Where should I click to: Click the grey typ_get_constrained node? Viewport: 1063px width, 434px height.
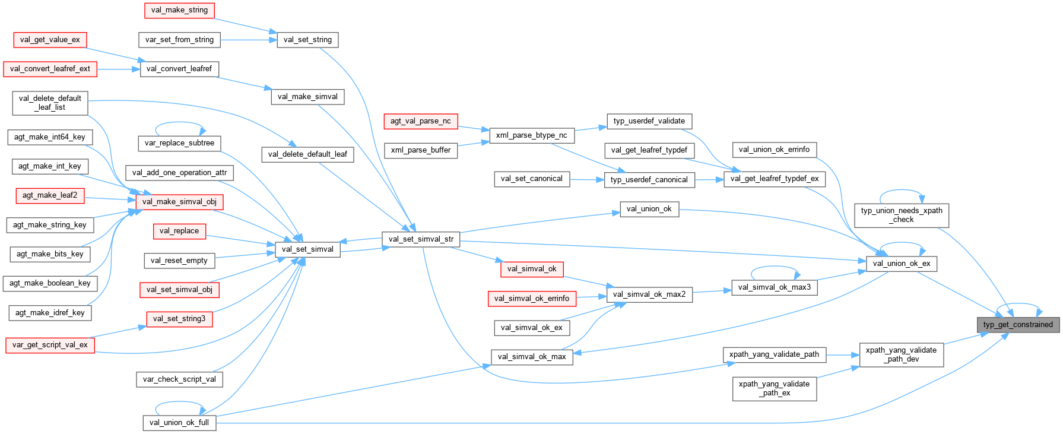coord(1017,325)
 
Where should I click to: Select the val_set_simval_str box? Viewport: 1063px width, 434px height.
coord(421,239)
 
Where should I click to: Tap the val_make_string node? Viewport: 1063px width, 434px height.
coord(179,10)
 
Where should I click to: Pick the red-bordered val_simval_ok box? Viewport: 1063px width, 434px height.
coord(531,269)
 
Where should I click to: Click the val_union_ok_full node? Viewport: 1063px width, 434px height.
coord(179,423)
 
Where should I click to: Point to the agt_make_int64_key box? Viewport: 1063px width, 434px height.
coord(50,137)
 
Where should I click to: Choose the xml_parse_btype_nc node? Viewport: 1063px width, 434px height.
coord(531,135)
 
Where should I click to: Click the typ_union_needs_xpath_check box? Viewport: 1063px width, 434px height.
coord(901,215)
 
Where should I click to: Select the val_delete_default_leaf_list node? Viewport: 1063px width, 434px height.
coord(50,103)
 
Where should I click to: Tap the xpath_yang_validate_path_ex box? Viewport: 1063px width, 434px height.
coord(774,388)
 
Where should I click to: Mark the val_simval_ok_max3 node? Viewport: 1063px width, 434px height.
coord(774,287)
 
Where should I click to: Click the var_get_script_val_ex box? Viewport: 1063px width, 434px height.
coord(50,345)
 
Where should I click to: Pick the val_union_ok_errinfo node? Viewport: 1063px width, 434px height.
coord(774,150)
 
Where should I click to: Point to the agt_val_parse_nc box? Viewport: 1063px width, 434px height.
coord(420,121)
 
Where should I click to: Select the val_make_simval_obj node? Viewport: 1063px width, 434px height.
coord(179,202)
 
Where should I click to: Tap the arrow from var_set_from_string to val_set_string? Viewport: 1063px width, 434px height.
coord(249,40)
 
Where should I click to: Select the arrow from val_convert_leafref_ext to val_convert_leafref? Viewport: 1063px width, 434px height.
coord(118,69)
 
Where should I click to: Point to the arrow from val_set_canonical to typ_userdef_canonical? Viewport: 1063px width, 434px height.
coord(587,179)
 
